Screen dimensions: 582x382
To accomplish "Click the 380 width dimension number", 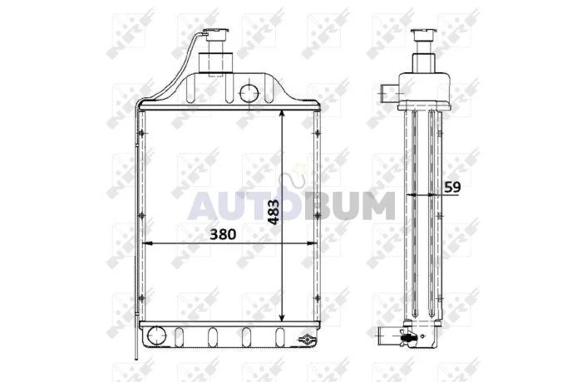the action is [x=223, y=234].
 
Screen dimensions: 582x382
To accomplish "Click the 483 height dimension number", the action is [x=274, y=212].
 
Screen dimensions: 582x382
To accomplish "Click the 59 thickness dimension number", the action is [x=452, y=188].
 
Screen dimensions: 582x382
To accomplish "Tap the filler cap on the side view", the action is [x=423, y=34].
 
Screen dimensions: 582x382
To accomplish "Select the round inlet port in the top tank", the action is [x=249, y=93].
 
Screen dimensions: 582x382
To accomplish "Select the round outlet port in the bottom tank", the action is [x=156, y=335].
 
